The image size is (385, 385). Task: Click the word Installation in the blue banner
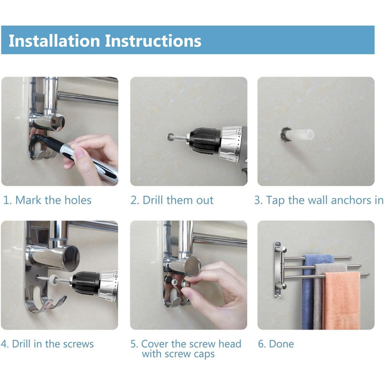click(x=54, y=41)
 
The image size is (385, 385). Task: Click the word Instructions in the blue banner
click(x=153, y=41)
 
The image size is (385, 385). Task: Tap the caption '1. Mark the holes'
click(x=47, y=200)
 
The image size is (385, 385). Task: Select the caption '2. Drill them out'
click(x=172, y=200)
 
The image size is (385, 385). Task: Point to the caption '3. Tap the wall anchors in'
click(x=318, y=200)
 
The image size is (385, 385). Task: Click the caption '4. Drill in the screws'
click(x=47, y=344)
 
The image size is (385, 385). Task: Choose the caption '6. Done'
click(x=276, y=344)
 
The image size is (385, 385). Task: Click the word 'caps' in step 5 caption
click(x=204, y=355)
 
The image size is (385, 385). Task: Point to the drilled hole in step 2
click(x=169, y=137)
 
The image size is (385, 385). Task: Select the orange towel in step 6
click(x=342, y=300)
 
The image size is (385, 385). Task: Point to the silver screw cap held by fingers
click(x=185, y=284)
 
